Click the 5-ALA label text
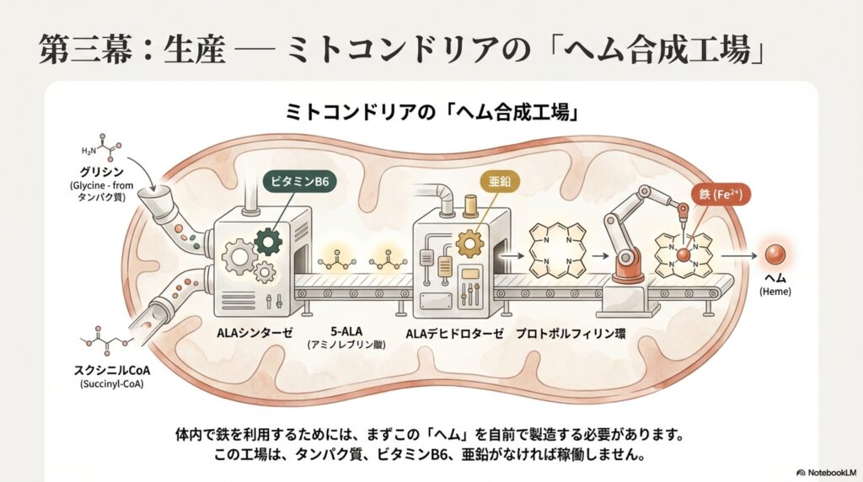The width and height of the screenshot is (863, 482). pyautogui.click(x=351, y=333)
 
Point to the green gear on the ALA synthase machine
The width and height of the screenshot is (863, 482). pyautogui.click(x=269, y=242)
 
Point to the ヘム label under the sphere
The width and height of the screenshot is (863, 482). pyautogui.click(x=775, y=278)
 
